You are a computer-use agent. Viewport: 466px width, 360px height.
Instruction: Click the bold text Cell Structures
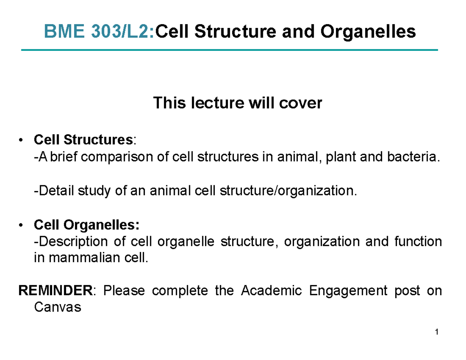(x=83, y=139)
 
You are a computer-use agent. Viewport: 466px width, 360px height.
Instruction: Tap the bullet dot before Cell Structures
(x=24, y=139)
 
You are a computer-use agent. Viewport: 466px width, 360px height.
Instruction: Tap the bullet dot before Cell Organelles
(x=24, y=225)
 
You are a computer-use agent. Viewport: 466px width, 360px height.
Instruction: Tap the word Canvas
(x=57, y=308)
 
